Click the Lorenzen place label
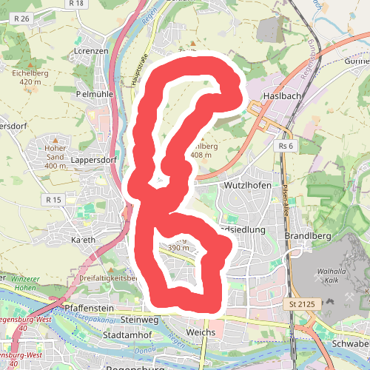pyautogui.click(x=92, y=51)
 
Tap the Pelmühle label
pyautogui.click(x=93, y=95)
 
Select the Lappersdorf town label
pyautogui.click(x=94, y=159)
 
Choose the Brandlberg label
pyautogui.click(x=304, y=237)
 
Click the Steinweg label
pyautogui.click(x=140, y=320)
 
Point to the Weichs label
pyautogui.click(x=202, y=332)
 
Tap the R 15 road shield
pyautogui.click(x=53, y=200)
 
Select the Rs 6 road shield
pyautogui.click(x=286, y=147)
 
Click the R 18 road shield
pyautogui.click(x=75, y=4)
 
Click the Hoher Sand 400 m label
pyautogui.click(x=55, y=151)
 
